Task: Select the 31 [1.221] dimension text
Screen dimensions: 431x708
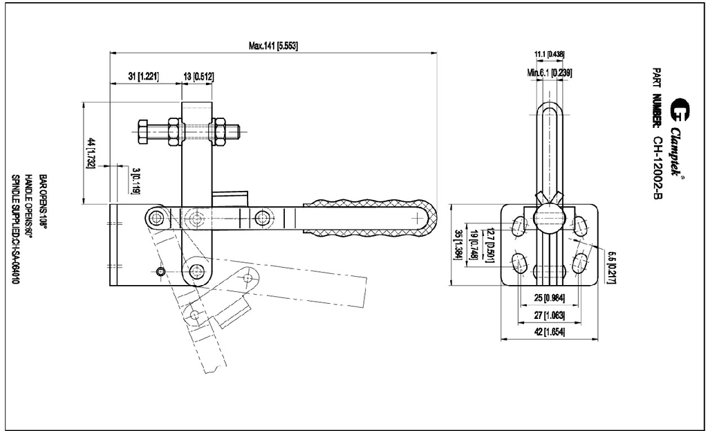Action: [143, 76]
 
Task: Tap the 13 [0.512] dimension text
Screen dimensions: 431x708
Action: [198, 76]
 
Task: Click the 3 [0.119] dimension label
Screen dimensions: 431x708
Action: [136, 180]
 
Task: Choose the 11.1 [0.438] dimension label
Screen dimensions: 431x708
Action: [549, 54]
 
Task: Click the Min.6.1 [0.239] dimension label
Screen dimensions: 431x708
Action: [549, 72]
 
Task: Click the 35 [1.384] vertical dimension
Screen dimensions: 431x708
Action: [457, 244]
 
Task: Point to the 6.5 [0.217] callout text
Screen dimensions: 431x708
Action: [611, 267]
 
